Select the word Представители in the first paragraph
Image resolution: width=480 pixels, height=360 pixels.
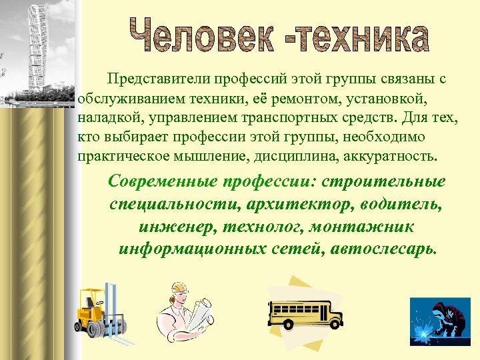(x=155, y=79)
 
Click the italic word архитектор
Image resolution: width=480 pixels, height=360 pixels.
(x=296, y=204)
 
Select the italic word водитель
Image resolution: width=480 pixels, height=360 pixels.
(x=407, y=204)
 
